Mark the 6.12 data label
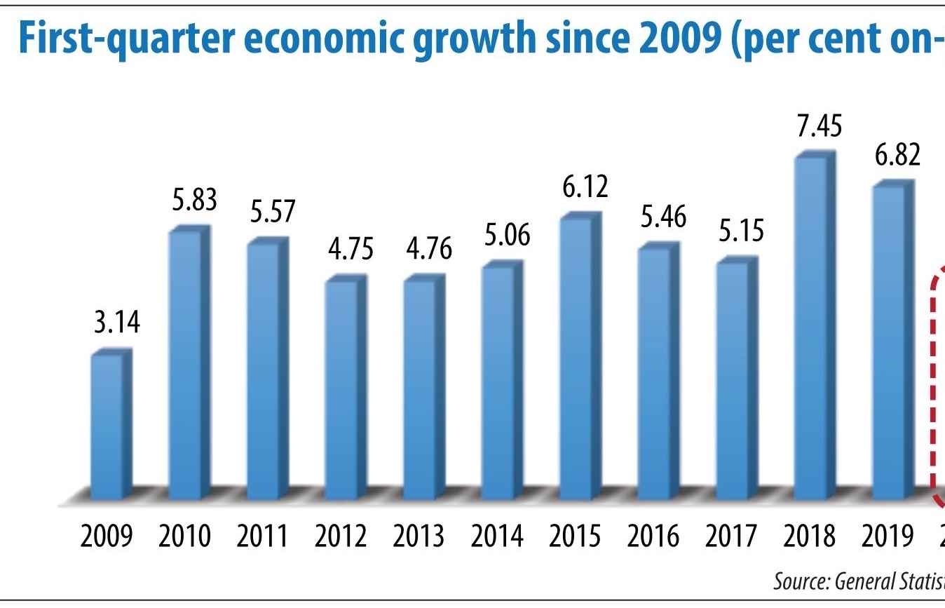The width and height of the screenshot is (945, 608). (x=585, y=187)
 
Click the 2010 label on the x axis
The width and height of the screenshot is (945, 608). (x=184, y=536)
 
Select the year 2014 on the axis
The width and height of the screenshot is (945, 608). (x=497, y=536)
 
